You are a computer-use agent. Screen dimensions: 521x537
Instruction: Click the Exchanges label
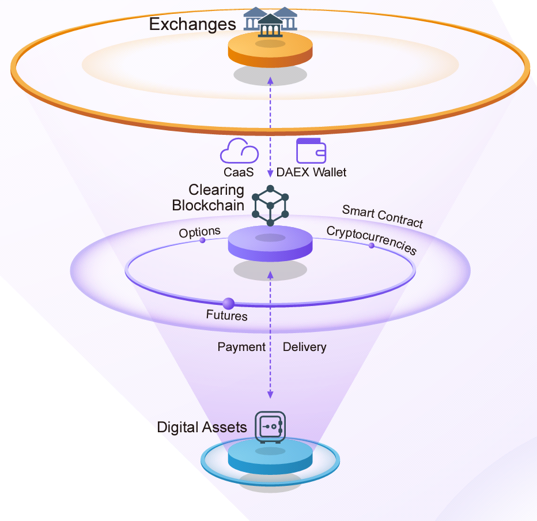192,24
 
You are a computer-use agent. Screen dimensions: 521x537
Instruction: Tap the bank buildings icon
270,21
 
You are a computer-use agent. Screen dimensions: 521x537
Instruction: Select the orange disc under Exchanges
270,50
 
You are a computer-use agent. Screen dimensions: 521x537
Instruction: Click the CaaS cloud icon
239,151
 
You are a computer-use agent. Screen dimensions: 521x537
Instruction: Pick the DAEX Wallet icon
311,150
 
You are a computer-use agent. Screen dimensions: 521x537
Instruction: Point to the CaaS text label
239,172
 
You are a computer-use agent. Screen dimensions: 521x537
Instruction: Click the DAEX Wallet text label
312,172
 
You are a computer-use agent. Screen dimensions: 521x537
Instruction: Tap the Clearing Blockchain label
209,198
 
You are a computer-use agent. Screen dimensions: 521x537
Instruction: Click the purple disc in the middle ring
271,244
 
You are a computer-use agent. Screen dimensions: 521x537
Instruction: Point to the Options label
199,232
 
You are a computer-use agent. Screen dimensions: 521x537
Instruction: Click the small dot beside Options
202,240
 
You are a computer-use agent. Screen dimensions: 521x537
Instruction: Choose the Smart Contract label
383,216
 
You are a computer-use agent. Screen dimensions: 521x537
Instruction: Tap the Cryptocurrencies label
371,239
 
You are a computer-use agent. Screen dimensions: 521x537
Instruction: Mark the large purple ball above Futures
228,303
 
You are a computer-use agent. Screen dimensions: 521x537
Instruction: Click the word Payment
241,347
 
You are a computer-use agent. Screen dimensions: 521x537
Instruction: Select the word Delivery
304,347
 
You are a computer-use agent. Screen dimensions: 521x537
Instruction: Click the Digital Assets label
202,428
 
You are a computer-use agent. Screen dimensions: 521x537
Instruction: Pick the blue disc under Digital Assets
270,458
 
